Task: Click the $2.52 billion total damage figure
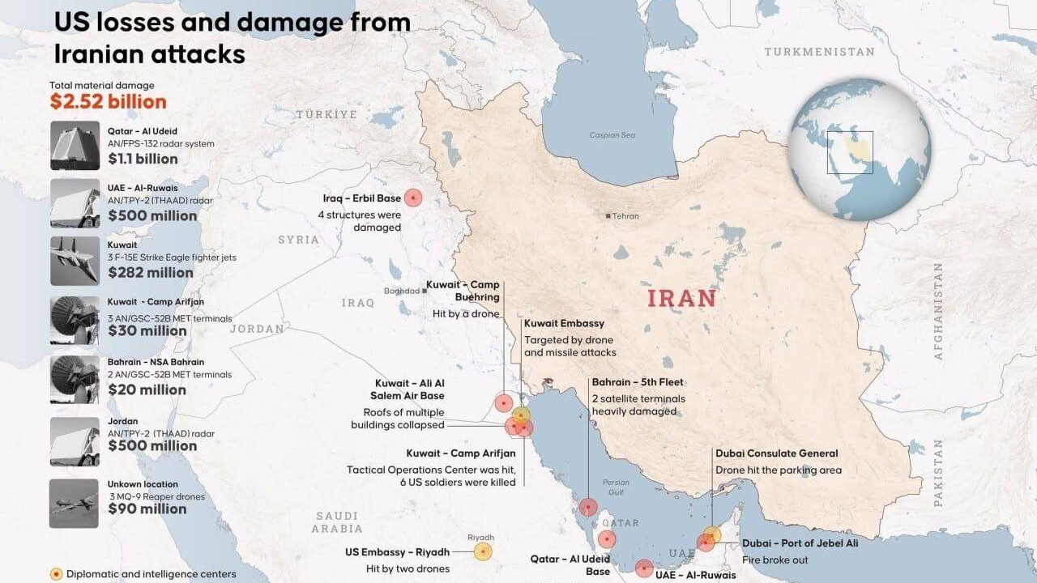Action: pyautogui.click(x=108, y=102)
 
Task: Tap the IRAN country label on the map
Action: pyautogui.click(x=681, y=298)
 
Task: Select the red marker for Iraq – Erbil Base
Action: pyautogui.click(x=414, y=198)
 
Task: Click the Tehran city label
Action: pyautogui.click(x=625, y=216)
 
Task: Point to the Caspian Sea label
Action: pyautogui.click(x=612, y=135)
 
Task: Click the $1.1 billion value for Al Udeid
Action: pyautogui.click(x=143, y=159)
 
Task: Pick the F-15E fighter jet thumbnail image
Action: pyautogui.click(x=75, y=261)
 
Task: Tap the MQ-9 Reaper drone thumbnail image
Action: pyautogui.click(x=75, y=504)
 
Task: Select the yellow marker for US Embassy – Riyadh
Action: pyautogui.click(x=483, y=551)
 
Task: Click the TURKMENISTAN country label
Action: pyautogui.click(x=819, y=52)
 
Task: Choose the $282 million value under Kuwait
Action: pyautogui.click(x=150, y=272)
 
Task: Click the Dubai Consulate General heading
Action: pyautogui.click(x=776, y=453)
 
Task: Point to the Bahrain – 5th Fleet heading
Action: pyautogui.click(x=638, y=382)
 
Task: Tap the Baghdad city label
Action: pyautogui.click(x=403, y=291)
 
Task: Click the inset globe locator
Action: pyautogui.click(x=860, y=150)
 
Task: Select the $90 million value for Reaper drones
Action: pyautogui.click(x=147, y=509)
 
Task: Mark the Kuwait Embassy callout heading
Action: pyautogui.click(x=564, y=324)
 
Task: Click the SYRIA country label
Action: pyautogui.click(x=298, y=240)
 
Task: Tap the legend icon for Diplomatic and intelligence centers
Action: pyautogui.click(x=56, y=574)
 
